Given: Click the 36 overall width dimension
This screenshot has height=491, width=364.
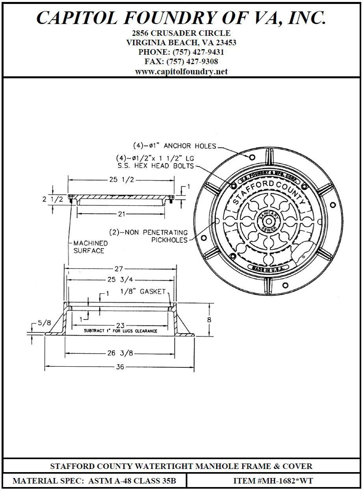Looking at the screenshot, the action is tap(120, 367).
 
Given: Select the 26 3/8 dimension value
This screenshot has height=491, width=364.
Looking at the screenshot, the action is tap(120, 353).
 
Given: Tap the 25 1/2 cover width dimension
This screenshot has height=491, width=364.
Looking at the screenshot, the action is tap(122, 179).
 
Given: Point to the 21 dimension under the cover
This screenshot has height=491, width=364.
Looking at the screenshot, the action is tap(122, 214).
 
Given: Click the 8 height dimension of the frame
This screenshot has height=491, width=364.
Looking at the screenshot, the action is tap(209, 319).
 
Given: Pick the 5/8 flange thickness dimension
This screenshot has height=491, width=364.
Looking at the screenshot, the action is tap(45, 323).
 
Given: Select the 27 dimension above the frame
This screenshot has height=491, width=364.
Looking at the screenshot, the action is tap(119, 269).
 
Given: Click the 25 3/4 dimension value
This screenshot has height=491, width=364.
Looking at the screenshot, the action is tap(120, 280).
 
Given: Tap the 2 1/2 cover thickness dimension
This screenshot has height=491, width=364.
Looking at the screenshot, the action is tap(53, 199).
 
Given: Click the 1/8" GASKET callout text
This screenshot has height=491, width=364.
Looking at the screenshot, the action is tap(143, 292).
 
